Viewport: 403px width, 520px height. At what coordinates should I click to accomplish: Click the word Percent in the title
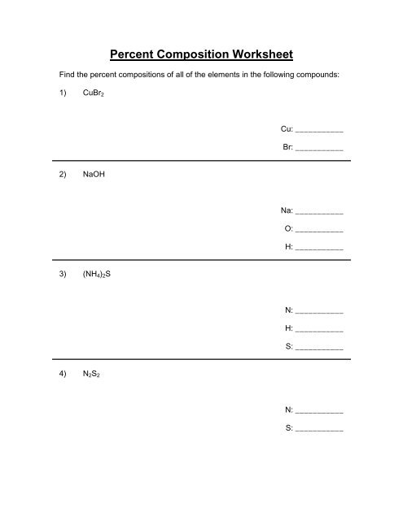point(134,55)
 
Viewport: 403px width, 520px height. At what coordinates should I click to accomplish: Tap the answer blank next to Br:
point(319,149)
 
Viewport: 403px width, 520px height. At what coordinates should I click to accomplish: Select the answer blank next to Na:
point(319,212)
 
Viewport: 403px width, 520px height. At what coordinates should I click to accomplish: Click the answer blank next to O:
point(319,229)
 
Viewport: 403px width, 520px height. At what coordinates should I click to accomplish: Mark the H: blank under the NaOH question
point(319,247)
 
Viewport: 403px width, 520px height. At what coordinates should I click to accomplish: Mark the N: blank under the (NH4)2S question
point(319,312)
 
